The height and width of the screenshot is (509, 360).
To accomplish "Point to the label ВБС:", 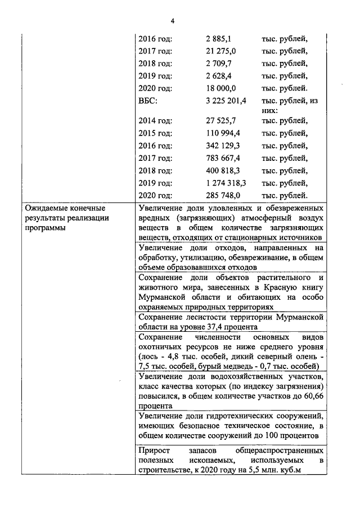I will (148, 101).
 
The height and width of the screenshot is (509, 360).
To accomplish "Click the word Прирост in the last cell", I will (153, 451).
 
